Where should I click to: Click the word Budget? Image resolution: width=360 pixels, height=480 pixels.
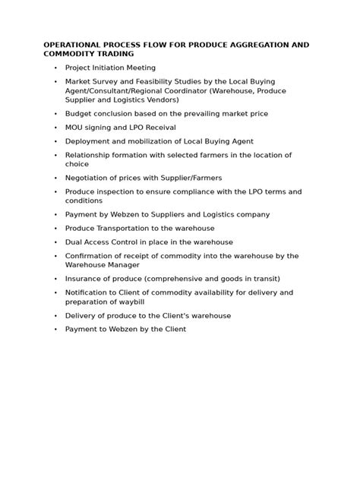(x=79, y=113)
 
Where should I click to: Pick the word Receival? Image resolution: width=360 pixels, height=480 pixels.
(x=159, y=128)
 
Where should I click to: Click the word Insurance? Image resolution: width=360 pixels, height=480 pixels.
(x=85, y=279)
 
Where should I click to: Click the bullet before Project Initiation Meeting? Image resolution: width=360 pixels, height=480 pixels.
(x=55, y=68)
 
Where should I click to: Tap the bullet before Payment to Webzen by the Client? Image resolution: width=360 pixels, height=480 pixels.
(x=55, y=330)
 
